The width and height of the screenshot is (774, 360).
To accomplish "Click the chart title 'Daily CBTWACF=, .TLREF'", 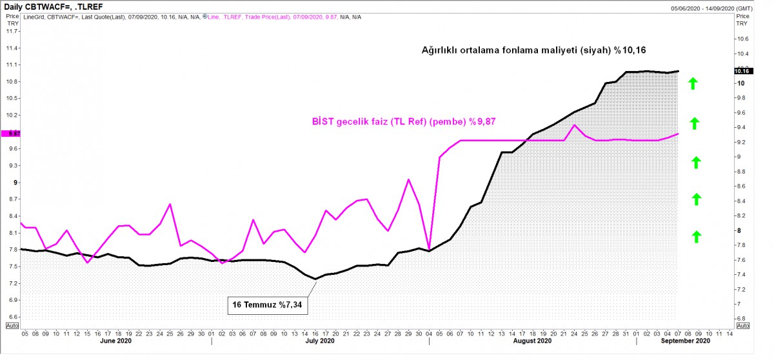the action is pos(53,6).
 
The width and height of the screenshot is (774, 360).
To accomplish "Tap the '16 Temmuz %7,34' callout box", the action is pos(268,305).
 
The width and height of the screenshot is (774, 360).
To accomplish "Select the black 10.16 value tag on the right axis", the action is pos(743,71).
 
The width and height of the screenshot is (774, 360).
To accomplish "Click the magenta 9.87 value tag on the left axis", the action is pos(11,134).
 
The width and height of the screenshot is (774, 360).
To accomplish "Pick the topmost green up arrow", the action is pos(693,84).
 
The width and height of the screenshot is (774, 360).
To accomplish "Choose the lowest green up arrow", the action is pos(697,237).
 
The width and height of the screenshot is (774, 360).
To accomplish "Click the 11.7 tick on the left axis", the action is pos(12,31).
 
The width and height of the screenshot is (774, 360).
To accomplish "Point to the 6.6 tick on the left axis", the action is pos(13,317).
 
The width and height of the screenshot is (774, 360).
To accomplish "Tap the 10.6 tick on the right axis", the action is pos(743,39).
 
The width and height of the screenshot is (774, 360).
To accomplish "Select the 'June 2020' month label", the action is pos(115,341).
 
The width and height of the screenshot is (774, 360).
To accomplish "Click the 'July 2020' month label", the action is pos(320,341).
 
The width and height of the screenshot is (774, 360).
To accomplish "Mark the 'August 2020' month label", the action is pos(532,341).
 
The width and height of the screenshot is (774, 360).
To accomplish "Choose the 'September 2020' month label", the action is pos(686,341).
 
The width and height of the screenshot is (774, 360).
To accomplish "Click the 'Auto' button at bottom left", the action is pos(12,326).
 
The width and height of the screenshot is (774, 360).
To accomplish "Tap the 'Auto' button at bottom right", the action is pos(743,326).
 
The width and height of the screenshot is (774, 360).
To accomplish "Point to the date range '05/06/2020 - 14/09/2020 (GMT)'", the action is pos(711,8).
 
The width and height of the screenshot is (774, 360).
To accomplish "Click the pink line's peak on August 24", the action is pos(574,125).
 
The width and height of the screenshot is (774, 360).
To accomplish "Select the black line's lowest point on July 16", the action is pos(315,279).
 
